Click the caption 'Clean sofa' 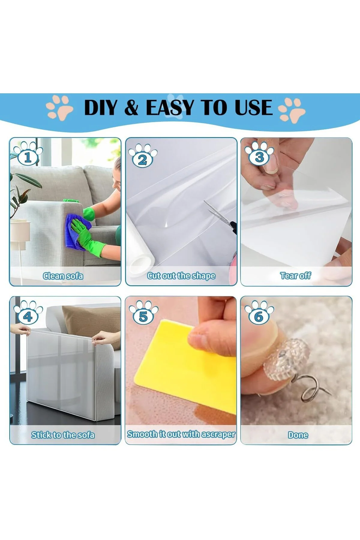coord(63,276)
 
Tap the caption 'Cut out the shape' coord(181,276)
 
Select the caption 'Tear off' coord(295,276)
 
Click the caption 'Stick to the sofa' coord(63,435)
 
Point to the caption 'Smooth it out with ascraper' coord(181,434)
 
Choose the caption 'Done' coord(298,435)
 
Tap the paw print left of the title coord(59,108)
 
